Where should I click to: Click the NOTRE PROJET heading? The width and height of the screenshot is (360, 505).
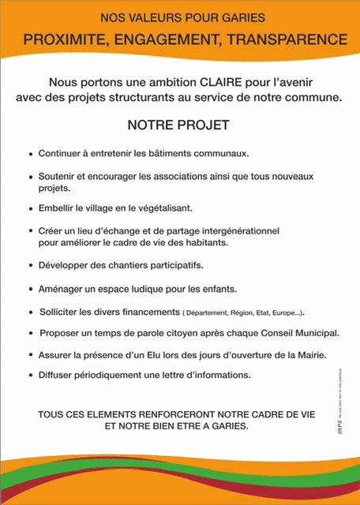(x=178, y=125)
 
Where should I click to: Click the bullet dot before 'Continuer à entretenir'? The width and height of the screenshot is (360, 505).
(x=30, y=154)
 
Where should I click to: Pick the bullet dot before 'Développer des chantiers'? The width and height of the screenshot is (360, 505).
(x=30, y=265)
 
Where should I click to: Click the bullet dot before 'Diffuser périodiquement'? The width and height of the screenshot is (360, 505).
(x=30, y=375)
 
